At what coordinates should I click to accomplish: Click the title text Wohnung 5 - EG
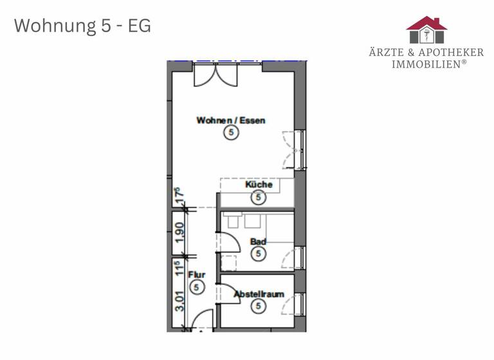click(x=82, y=26)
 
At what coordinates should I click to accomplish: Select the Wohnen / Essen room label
click(x=230, y=120)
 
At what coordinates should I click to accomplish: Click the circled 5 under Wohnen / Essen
click(x=231, y=133)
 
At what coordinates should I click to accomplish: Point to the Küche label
click(x=259, y=184)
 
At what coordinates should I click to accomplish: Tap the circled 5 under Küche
click(x=259, y=197)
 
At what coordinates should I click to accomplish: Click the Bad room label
click(x=258, y=242)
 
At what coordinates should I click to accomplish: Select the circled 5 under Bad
click(x=259, y=255)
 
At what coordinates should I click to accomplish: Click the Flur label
click(x=196, y=275)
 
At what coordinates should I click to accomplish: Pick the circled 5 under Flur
click(x=197, y=287)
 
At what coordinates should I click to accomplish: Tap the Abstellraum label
click(x=259, y=294)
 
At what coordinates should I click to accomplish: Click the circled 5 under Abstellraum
click(x=259, y=306)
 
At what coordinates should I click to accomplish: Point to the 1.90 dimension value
click(x=180, y=230)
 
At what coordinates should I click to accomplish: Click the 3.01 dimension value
click(x=180, y=300)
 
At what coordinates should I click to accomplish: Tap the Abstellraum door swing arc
click(x=228, y=292)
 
